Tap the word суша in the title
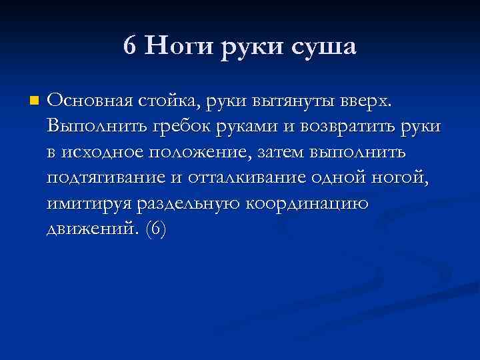click(x=323, y=47)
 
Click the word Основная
click(x=90, y=101)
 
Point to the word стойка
click(x=173, y=101)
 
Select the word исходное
click(x=96, y=153)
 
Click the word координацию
click(x=311, y=204)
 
